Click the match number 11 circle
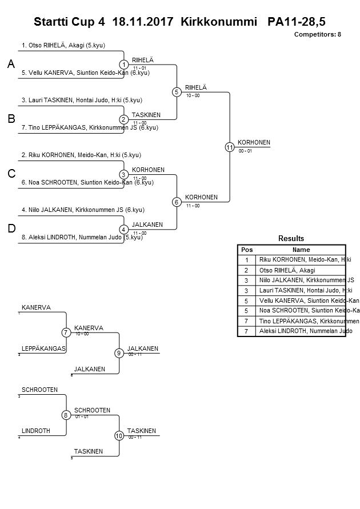point(229,147)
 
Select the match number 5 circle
point(177,92)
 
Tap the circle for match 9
point(119,353)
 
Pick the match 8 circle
point(66,415)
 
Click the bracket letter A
point(11,65)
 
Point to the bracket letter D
point(11,229)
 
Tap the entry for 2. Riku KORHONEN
point(81,155)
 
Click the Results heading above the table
point(291,238)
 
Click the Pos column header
point(246,250)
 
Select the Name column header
point(301,250)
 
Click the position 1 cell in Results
point(246,260)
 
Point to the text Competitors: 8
point(317,34)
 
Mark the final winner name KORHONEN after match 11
point(254,142)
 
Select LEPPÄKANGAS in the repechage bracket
point(43,348)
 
